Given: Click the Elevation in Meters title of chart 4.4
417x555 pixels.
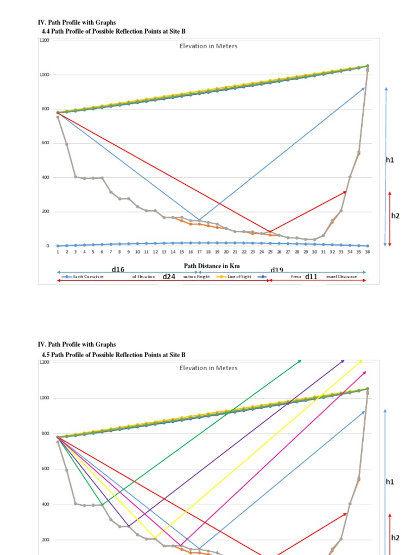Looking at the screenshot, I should tap(208, 46).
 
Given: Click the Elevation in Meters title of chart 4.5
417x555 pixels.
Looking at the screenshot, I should tap(208, 368).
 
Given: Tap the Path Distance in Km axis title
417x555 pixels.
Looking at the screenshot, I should tap(211, 266).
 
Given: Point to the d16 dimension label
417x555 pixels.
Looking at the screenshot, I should tap(118, 269).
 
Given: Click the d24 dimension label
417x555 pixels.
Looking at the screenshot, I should tap(169, 276).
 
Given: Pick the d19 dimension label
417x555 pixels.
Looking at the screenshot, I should tap(277, 269).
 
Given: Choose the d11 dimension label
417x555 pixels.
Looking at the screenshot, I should tap(311, 276).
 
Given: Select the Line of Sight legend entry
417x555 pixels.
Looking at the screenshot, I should tap(239, 276).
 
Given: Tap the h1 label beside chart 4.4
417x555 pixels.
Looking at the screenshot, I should tap(390, 160).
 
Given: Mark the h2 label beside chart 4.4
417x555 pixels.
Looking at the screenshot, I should tap(395, 216).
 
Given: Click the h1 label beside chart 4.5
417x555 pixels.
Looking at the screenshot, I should tap(390, 482).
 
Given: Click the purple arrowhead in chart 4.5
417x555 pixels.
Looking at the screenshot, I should tap(343, 360).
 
